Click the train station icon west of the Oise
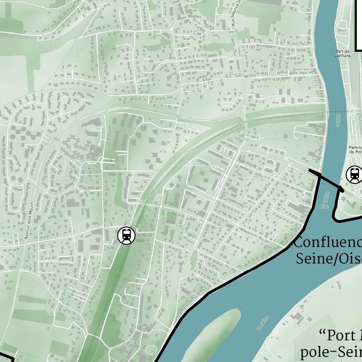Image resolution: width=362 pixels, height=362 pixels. [x=126, y=235]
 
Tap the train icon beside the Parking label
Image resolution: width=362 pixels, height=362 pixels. [x=354, y=174]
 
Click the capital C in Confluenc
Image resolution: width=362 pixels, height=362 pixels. [x=299, y=243]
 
